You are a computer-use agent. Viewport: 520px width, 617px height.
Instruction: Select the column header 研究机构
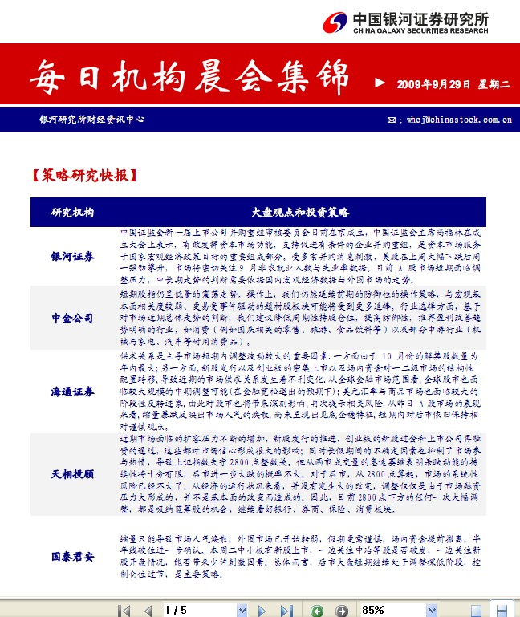tap(72, 213)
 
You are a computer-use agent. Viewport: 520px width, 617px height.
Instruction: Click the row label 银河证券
tap(72, 256)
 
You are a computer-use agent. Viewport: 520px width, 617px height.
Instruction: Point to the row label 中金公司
tap(72, 318)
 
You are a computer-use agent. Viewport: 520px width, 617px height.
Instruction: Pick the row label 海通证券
tap(72, 392)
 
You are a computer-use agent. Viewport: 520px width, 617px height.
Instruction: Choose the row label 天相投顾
tap(72, 474)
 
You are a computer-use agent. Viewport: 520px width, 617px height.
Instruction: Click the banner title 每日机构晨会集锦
tap(189, 79)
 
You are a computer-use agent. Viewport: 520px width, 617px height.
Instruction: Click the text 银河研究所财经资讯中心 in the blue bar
tap(91, 119)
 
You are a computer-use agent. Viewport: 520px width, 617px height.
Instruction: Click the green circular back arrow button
tap(318, 610)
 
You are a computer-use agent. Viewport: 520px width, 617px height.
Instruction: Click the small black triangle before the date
tap(380, 83)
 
